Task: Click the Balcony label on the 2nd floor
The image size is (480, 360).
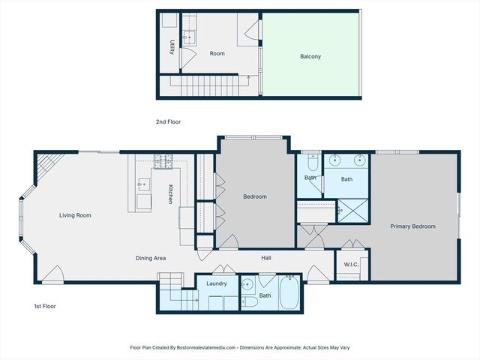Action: pos(310,56)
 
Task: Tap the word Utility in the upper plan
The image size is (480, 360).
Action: pos(172,46)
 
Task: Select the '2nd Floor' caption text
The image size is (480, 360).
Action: pos(168,121)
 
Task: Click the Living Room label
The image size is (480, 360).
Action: pos(75,215)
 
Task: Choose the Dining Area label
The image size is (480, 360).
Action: pos(150,258)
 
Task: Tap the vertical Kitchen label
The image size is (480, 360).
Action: pos(171,194)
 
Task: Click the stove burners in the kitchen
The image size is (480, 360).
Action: pos(163,160)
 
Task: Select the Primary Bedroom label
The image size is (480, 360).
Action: pos(412,226)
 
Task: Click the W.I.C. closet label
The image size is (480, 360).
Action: pos(351,265)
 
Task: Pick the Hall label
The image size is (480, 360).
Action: pos(266,258)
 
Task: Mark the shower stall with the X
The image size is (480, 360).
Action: pos(352,210)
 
